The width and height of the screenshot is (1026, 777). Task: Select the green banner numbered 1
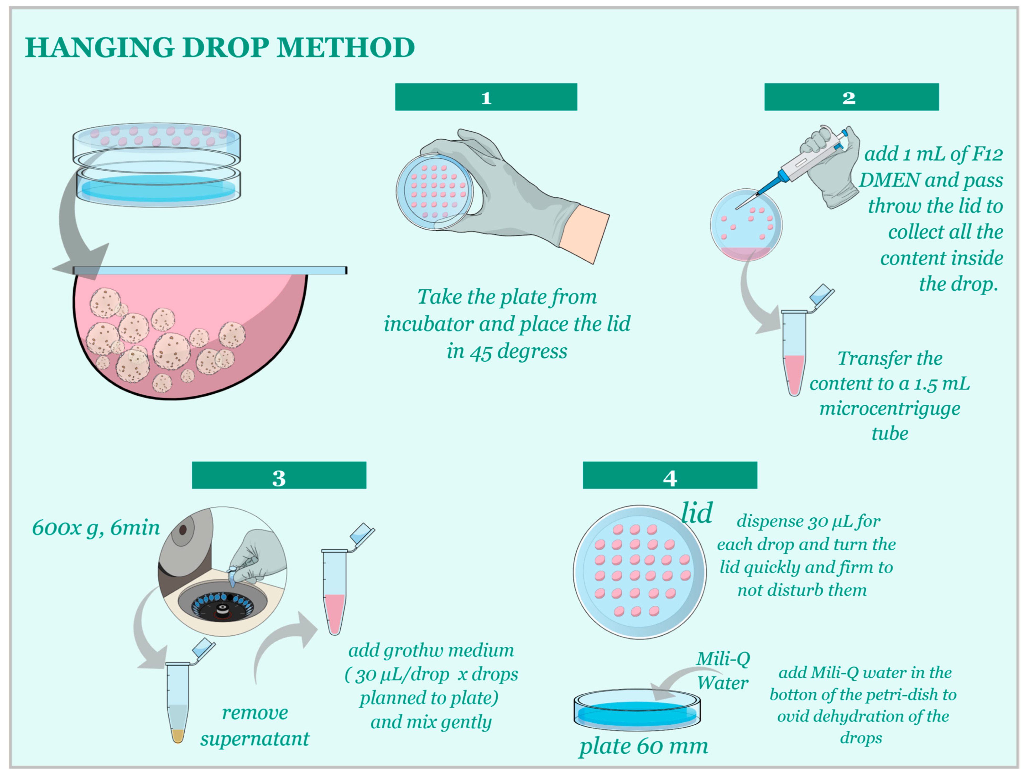click(x=486, y=97)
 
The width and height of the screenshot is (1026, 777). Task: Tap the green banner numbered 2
click(x=852, y=97)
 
